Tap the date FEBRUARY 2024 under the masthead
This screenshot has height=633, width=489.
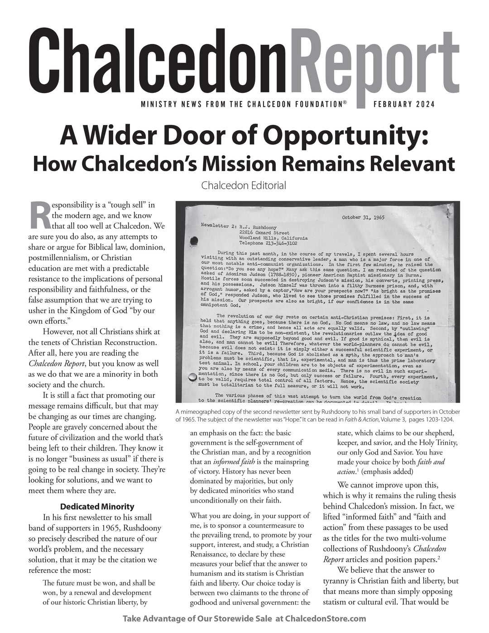click(404, 105)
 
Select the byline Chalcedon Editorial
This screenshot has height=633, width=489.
click(244, 185)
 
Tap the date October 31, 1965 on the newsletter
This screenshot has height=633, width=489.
click(364, 217)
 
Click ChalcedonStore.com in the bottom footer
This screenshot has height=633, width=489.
click(326, 619)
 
